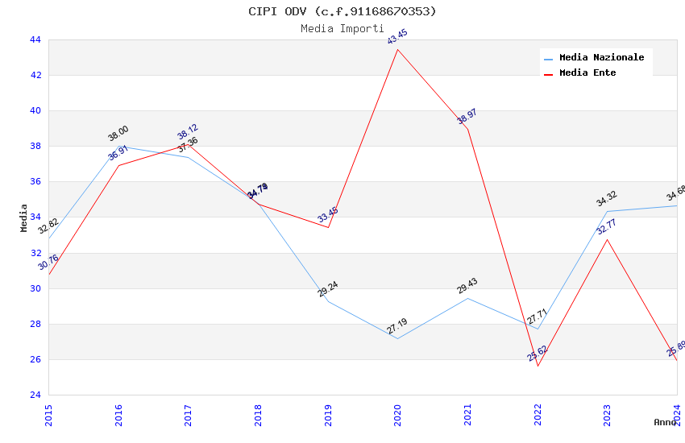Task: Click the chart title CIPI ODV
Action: tap(342, 11)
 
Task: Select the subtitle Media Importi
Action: tap(342, 28)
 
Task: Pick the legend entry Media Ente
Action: tap(587, 72)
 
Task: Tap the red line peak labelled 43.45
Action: tap(398, 49)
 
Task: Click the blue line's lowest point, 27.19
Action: tap(398, 338)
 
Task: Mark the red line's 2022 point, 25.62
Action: tap(538, 366)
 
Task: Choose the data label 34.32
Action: tap(606, 201)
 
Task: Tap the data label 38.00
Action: tap(118, 134)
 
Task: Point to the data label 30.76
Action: tap(48, 262)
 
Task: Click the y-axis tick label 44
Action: tap(35, 39)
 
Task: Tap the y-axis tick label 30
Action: tap(35, 288)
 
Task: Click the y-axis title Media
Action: tap(24, 217)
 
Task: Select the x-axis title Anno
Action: tap(665, 422)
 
